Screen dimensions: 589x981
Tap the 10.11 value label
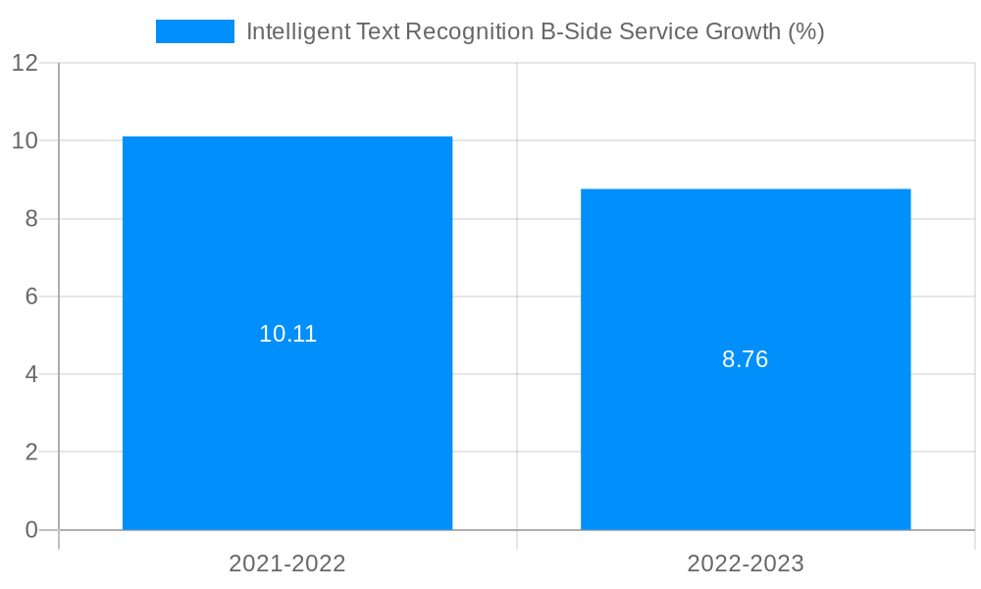287,334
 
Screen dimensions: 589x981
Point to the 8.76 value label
746,359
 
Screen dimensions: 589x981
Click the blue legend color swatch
195,31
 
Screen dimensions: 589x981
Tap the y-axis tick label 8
31,219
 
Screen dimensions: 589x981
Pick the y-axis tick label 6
31,296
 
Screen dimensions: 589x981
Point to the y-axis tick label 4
31,374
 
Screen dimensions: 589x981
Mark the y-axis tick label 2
31,453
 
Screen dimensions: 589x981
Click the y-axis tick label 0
31,530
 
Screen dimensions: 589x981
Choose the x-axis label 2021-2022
287,563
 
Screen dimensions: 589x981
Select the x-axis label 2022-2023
746,563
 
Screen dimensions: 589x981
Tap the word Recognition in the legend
470,31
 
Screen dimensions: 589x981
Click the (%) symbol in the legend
805,31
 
